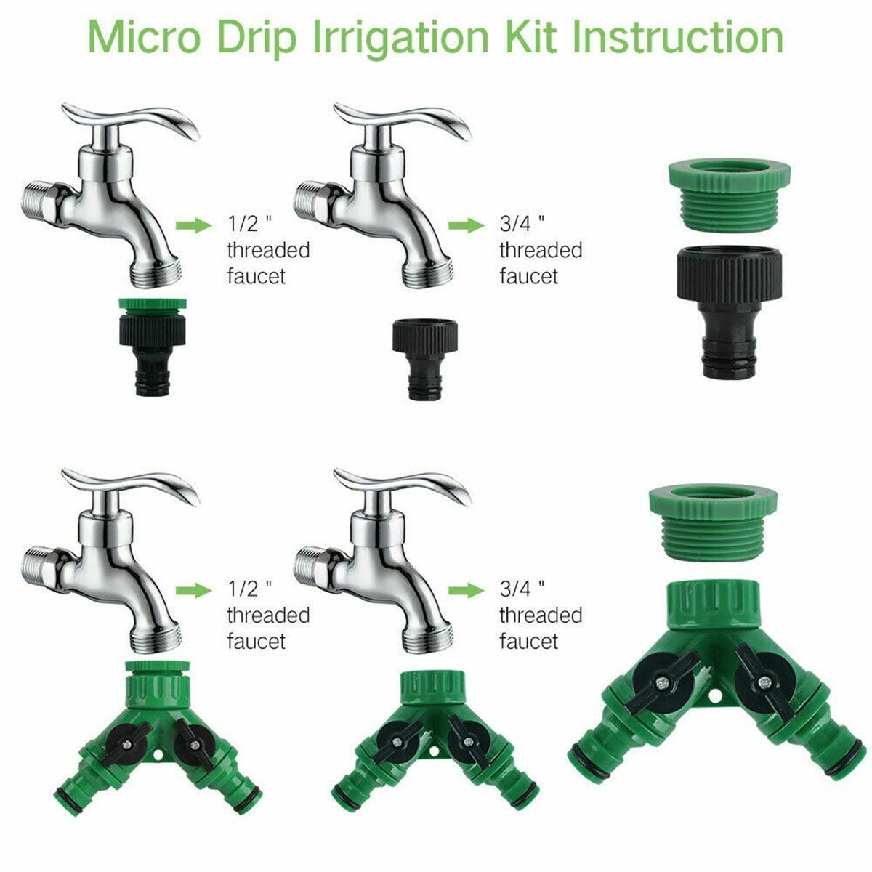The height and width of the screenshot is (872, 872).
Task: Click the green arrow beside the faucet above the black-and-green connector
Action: point(193,225)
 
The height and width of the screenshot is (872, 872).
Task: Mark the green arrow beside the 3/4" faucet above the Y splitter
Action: point(466,590)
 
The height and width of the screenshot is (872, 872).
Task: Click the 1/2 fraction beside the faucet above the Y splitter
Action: point(243,587)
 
